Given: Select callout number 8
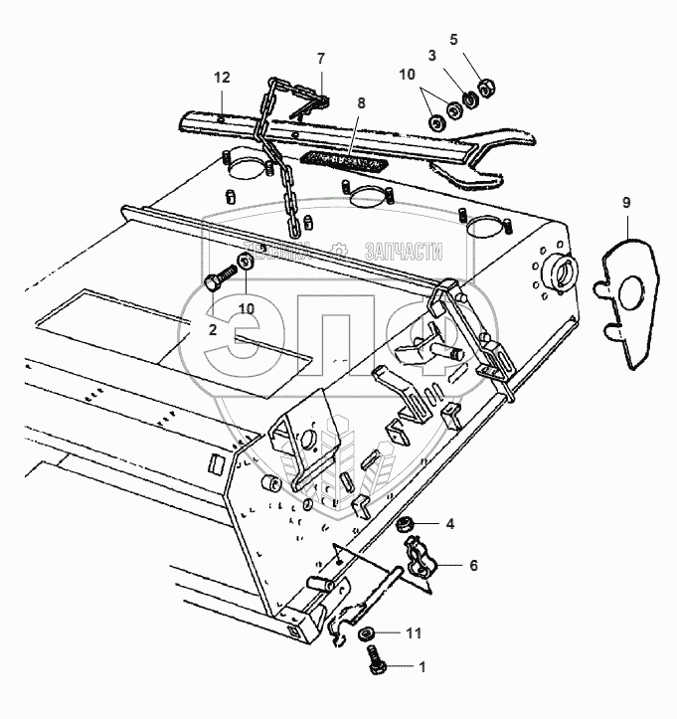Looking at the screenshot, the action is [x=361, y=102].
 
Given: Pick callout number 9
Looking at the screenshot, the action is [x=626, y=203].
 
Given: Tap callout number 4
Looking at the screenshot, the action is [x=449, y=523].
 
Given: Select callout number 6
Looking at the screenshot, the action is [x=473, y=565].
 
